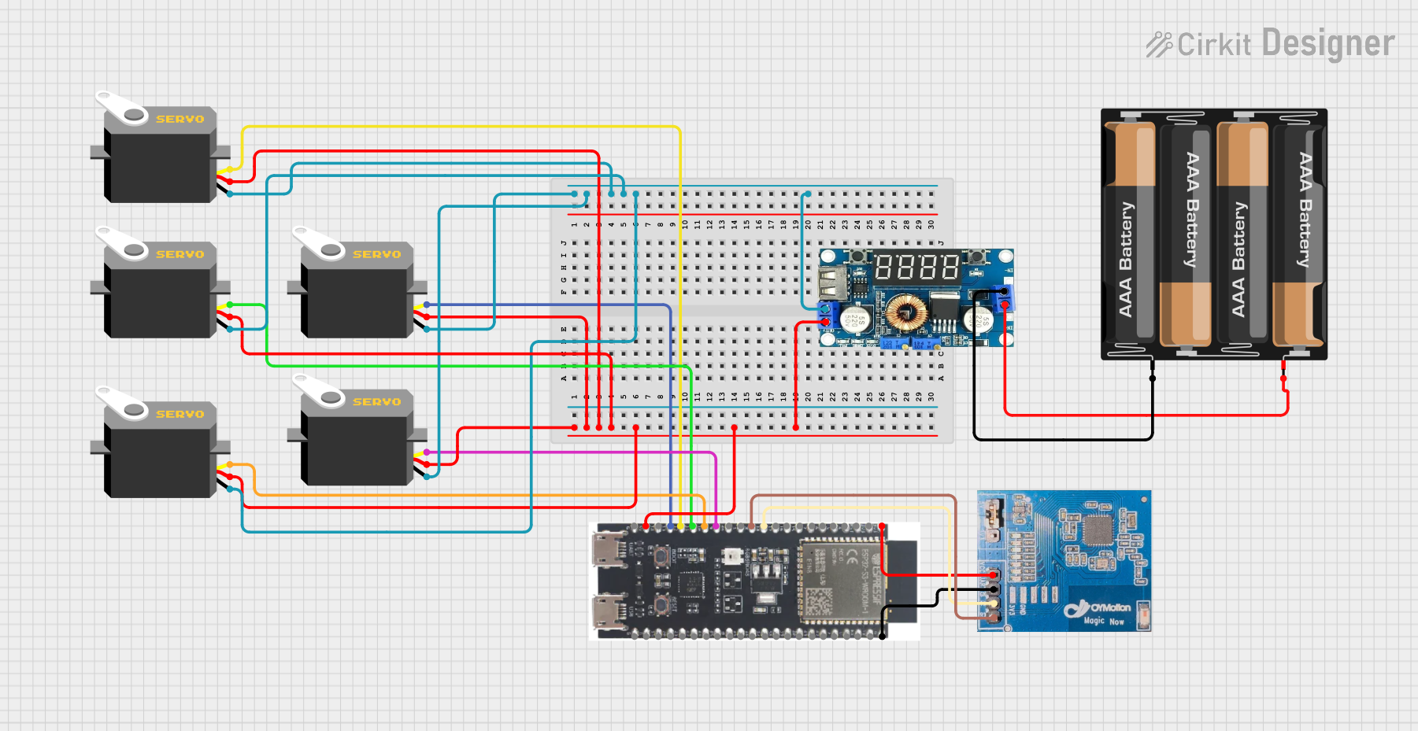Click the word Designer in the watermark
1327,43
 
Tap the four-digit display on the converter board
916,268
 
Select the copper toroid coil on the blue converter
905,312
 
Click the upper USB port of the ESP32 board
609,549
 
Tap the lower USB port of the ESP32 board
609,611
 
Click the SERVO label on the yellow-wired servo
180,120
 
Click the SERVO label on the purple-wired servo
376,402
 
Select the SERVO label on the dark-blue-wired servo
376,255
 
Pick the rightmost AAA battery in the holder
1299,234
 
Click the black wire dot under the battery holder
1153,378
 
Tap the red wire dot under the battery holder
1283,378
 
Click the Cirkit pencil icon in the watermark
1158,45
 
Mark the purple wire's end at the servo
427,452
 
